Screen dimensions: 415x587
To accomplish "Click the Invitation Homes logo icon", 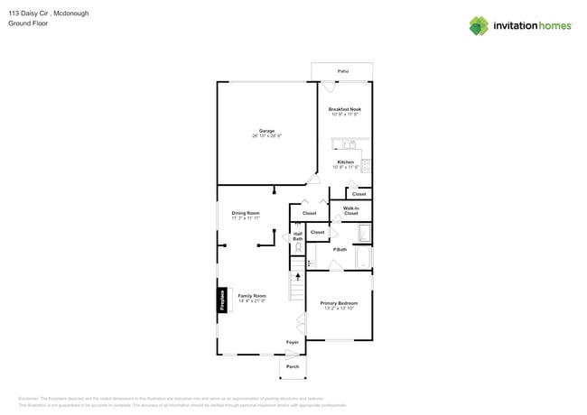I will point(479,25).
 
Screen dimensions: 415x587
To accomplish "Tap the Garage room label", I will point(267,131).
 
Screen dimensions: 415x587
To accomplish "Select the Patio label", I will point(342,70).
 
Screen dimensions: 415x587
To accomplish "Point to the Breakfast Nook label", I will point(345,109).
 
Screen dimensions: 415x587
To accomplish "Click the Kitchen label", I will point(346,162).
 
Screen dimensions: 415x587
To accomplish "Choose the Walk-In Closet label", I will point(351,211).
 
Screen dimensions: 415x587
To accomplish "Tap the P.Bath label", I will point(340,249).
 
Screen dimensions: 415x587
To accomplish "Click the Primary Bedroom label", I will point(339,303).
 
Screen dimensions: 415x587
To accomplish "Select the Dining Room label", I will point(246,213).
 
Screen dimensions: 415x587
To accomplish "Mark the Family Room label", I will point(252,296).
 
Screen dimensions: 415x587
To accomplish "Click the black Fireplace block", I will point(222,300).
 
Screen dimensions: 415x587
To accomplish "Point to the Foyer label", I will point(293,342).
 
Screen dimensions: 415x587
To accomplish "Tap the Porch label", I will point(293,366).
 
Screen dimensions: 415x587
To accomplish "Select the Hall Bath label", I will point(298,236).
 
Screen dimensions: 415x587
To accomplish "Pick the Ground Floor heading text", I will point(29,23).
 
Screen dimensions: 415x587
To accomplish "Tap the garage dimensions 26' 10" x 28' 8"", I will point(267,136).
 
